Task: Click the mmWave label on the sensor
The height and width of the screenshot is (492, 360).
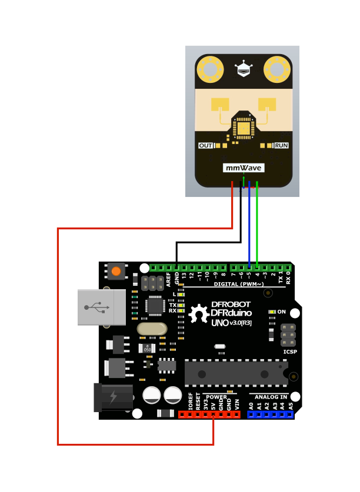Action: tap(244, 168)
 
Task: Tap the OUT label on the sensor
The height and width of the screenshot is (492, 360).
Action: tap(205, 145)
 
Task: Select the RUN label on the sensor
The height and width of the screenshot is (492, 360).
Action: tap(281, 145)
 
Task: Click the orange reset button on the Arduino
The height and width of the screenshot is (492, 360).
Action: tap(116, 272)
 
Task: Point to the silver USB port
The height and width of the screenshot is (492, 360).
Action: tap(101, 307)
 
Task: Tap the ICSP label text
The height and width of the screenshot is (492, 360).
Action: tap(290, 352)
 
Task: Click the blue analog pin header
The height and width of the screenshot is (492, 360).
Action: tap(271, 414)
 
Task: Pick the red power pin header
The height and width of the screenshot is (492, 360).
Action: tap(209, 414)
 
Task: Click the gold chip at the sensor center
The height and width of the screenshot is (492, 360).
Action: tap(243, 127)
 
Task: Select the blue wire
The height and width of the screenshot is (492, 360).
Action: tap(249, 223)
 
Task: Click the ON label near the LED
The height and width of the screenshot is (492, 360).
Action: tap(282, 312)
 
